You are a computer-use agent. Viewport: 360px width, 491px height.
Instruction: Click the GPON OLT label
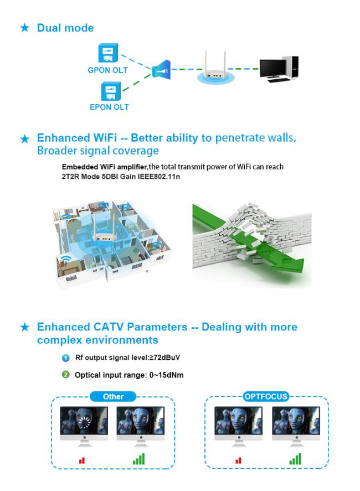(108, 70)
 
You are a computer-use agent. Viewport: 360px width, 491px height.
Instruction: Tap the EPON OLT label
(109, 107)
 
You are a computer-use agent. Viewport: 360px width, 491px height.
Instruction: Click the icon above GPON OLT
(108, 53)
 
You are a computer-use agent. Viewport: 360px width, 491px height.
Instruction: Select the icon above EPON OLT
(111, 91)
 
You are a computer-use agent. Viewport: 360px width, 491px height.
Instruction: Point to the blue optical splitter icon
(161, 70)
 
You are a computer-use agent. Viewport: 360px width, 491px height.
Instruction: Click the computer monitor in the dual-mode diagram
(273, 69)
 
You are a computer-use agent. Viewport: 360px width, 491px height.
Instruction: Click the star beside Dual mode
(24, 28)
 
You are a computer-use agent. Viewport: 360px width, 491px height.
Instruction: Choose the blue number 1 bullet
(65, 358)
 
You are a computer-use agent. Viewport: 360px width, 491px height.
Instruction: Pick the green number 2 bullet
(65, 375)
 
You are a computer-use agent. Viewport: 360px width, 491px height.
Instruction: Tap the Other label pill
(113, 396)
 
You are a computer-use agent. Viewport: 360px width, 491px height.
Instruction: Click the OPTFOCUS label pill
(266, 396)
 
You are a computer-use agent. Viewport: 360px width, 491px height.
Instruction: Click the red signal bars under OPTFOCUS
(239, 461)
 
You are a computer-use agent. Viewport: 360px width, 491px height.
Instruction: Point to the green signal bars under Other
(139, 459)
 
